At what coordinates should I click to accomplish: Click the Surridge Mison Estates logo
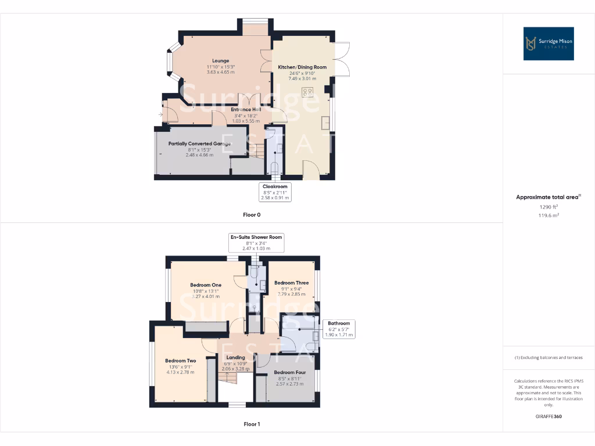click(x=549, y=44)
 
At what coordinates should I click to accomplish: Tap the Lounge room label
click(x=220, y=60)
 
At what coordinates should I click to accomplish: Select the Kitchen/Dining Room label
click(x=302, y=67)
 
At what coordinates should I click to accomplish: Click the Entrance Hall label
click(x=246, y=109)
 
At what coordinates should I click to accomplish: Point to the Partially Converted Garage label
click(x=199, y=143)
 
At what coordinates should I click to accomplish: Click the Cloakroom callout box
click(x=274, y=192)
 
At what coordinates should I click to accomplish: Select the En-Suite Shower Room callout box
click(x=256, y=243)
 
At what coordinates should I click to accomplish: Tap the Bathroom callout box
click(x=339, y=329)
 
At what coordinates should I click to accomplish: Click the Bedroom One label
click(x=206, y=285)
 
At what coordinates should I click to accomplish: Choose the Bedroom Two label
click(x=180, y=361)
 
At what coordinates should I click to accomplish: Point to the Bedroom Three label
click(x=292, y=283)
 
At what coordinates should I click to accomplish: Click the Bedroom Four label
click(x=289, y=372)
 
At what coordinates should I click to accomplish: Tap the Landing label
click(x=235, y=357)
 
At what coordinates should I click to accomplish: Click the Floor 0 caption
click(x=252, y=215)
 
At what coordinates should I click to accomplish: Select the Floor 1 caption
click(x=252, y=424)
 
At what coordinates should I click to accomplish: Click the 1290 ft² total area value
click(x=548, y=206)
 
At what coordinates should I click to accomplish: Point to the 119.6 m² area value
click(x=548, y=215)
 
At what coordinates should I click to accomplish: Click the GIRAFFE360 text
click(x=549, y=416)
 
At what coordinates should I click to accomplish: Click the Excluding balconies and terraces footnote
click(x=549, y=358)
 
